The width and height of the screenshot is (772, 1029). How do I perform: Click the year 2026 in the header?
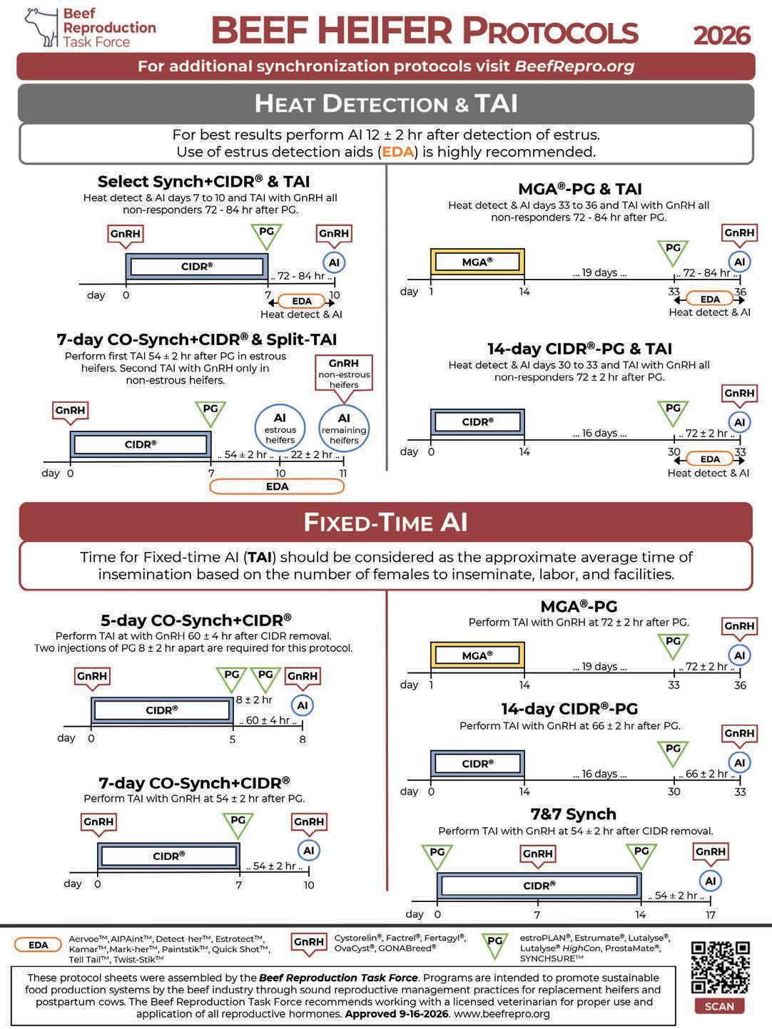click(721, 34)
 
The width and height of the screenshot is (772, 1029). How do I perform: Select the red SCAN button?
click(719, 1006)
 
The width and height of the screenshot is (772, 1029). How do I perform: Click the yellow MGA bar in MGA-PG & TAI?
click(477, 261)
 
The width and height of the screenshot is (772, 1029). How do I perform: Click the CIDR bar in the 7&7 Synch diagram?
click(539, 885)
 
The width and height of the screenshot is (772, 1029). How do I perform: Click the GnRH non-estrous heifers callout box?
click(344, 373)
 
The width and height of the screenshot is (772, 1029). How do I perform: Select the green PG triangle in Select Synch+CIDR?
click(266, 234)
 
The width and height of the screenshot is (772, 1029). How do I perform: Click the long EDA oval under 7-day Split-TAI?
click(277, 486)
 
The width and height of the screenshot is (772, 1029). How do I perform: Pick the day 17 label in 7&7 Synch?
click(711, 914)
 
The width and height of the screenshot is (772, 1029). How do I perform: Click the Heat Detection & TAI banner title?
click(386, 103)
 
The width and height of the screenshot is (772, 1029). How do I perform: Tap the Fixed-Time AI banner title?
click(386, 522)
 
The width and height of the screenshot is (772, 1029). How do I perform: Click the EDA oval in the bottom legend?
click(39, 945)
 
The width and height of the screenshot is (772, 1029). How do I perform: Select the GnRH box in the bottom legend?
click(309, 942)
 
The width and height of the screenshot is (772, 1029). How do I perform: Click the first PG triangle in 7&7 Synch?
click(437, 854)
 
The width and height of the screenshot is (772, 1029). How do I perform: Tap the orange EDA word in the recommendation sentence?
click(398, 152)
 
